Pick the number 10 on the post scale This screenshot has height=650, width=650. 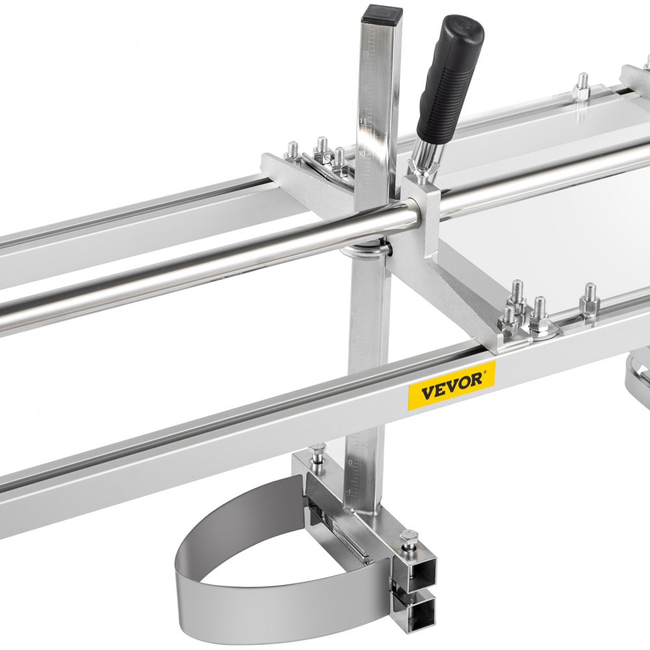pyautogui.click(x=362, y=154)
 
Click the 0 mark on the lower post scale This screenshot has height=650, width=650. pyautogui.click(x=350, y=463)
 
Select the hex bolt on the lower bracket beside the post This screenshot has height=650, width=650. pyautogui.click(x=317, y=452)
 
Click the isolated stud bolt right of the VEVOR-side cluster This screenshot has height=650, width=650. pyautogui.click(x=589, y=299)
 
